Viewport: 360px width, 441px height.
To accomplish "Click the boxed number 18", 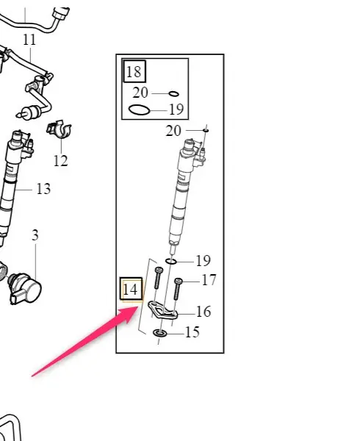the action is [x=134, y=71].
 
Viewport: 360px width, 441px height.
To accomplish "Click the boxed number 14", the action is [x=131, y=289].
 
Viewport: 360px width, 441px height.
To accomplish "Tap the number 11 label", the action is [x=29, y=40].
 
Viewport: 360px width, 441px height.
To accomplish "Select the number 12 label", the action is [x=61, y=160].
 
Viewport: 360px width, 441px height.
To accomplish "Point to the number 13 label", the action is [x=43, y=189].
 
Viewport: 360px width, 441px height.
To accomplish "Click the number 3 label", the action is [x=35, y=235].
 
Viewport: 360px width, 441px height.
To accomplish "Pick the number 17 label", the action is [x=209, y=280].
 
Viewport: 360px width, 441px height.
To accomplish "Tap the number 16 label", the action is [x=204, y=312].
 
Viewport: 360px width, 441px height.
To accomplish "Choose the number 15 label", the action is [x=192, y=332].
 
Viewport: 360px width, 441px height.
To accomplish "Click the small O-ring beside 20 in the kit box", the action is [x=173, y=93].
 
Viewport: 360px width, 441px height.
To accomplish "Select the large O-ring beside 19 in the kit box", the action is [x=139, y=110].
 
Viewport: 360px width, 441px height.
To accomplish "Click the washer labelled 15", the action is [x=159, y=333].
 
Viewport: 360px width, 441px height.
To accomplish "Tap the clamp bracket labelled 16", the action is [x=162, y=310].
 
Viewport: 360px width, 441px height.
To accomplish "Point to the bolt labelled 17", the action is [x=178, y=289].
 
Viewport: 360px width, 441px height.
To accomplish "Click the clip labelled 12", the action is [x=60, y=130].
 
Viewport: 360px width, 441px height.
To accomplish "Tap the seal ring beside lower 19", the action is [x=171, y=262].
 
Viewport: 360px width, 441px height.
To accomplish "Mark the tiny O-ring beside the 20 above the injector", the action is [x=206, y=131].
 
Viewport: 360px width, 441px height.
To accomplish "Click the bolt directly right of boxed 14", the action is [x=159, y=278].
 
